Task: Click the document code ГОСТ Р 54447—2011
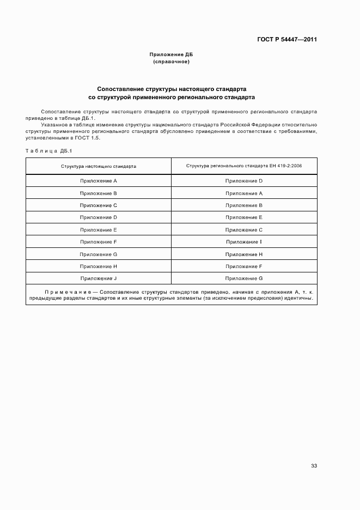click(x=287, y=40)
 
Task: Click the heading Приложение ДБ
click(x=172, y=55)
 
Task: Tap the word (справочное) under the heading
click(x=172, y=62)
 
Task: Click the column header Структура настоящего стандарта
click(x=99, y=166)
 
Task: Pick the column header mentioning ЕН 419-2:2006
click(x=244, y=166)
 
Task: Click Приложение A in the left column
click(x=99, y=181)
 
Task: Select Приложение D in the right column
click(x=244, y=181)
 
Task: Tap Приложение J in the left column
click(x=99, y=278)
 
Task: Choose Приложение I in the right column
click(x=244, y=242)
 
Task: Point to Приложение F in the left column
click(x=99, y=242)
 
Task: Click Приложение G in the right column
click(x=244, y=278)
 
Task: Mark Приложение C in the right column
click(x=244, y=230)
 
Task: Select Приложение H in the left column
click(x=99, y=266)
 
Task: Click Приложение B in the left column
click(x=99, y=193)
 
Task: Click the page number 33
click(x=314, y=466)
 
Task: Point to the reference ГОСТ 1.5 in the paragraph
click(x=89, y=138)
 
